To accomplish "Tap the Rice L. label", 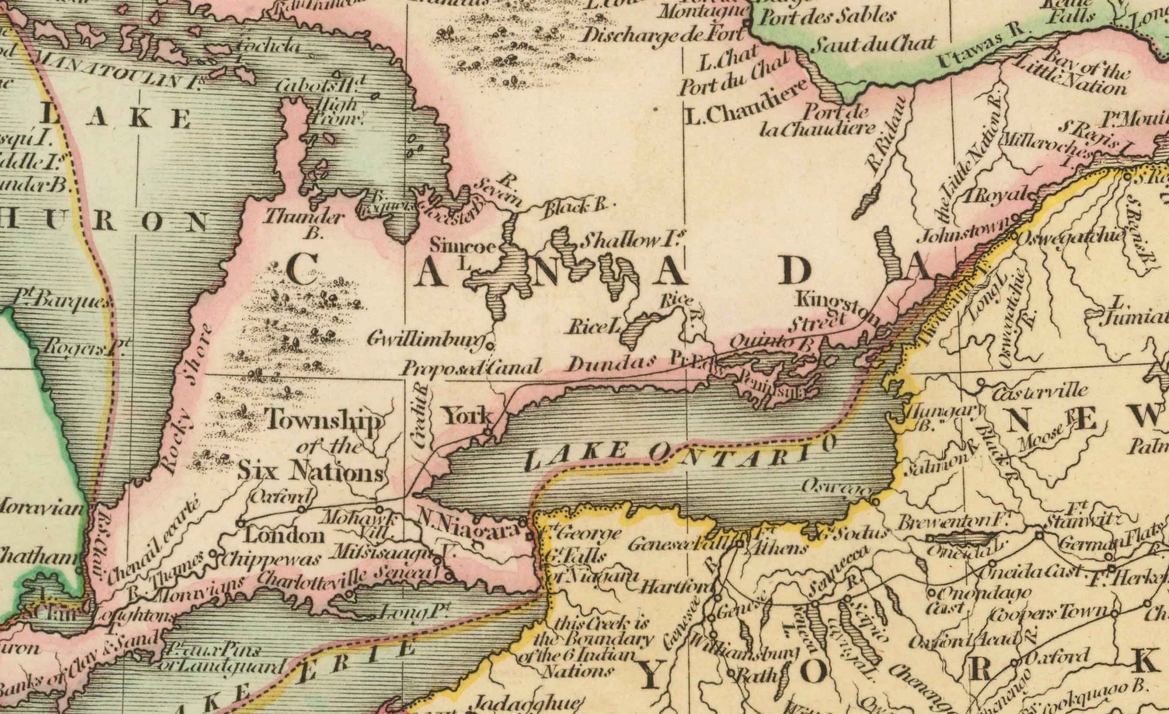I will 594,327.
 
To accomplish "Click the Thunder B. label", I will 303,223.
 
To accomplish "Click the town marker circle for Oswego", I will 875,501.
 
